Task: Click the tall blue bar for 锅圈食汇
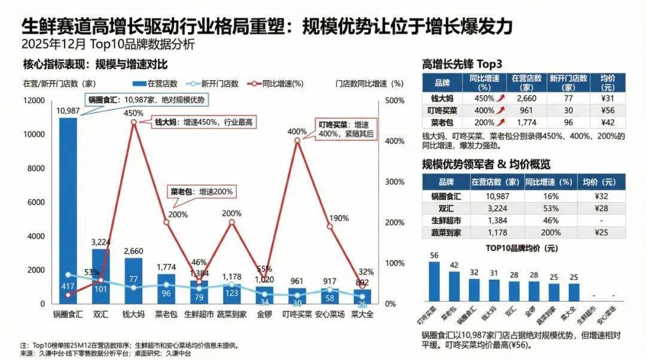pyautogui.click(x=68, y=209)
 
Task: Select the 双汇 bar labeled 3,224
pyautogui.click(x=100, y=275)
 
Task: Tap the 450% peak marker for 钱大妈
pyautogui.click(x=133, y=122)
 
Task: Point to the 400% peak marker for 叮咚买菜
pyautogui.click(x=297, y=141)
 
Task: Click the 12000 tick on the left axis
pyautogui.click(x=33, y=100)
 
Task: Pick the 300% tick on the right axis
pyautogui.click(x=390, y=182)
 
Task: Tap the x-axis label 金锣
pyautogui.click(x=264, y=313)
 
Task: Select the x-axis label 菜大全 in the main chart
pyautogui.click(x=362, y=313)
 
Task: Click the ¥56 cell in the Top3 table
pyautogui.click(x=608, y=110)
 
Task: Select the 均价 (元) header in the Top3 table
pyautogui.click(x=608, y=82)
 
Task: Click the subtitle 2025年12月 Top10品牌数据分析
pyautogui.click(x=108, y=44)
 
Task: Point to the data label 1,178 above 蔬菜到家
pyautogui.click(x=231, y=277)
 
